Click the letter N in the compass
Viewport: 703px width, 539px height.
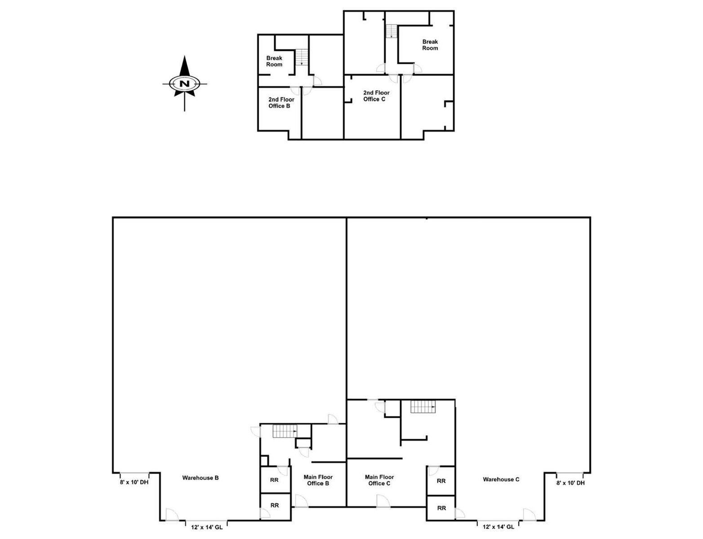pyautogui.click(x=184, y=84)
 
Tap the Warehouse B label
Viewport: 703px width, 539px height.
pyautogui.click(x=200, y=477)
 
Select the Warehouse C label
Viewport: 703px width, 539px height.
pyautogui.click(x=501, y=479)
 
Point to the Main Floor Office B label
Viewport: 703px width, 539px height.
pyautogui.click(x=318, y=480)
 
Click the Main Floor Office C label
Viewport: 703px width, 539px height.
pyautogui.click(x=379, y=480)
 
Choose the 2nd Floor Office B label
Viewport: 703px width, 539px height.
pyautogui.click(x=281, y=102)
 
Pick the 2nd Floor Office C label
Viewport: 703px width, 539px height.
pyautogui.click(x=376, y=96)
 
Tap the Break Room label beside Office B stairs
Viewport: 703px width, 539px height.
pyautogui.click(x=274, y=61)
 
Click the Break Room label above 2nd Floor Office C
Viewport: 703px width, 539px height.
pyautogui.click(x=430, y=44)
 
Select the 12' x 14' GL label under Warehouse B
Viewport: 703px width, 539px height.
pyautogui.click(x=207, y=527)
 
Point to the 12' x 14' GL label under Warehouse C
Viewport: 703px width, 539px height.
pyautogui.click(x=498, y=527)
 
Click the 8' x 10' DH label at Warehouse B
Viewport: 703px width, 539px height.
pyautogui.click(x=134, y=482)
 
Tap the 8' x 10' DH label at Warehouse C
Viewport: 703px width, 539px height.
pyautogui.click(x=570, y=483)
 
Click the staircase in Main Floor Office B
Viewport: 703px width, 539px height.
pyautogui.click(x=285, y=431)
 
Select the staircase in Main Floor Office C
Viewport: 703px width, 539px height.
pyautogui.click(x=423, y=406)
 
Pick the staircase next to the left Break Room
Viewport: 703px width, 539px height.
pyautogui.click(x=302, y=57)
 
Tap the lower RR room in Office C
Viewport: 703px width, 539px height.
pyautogui.click(x=441, y=508)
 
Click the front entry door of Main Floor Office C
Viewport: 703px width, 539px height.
pyautogui.click(x=383, y=501)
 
